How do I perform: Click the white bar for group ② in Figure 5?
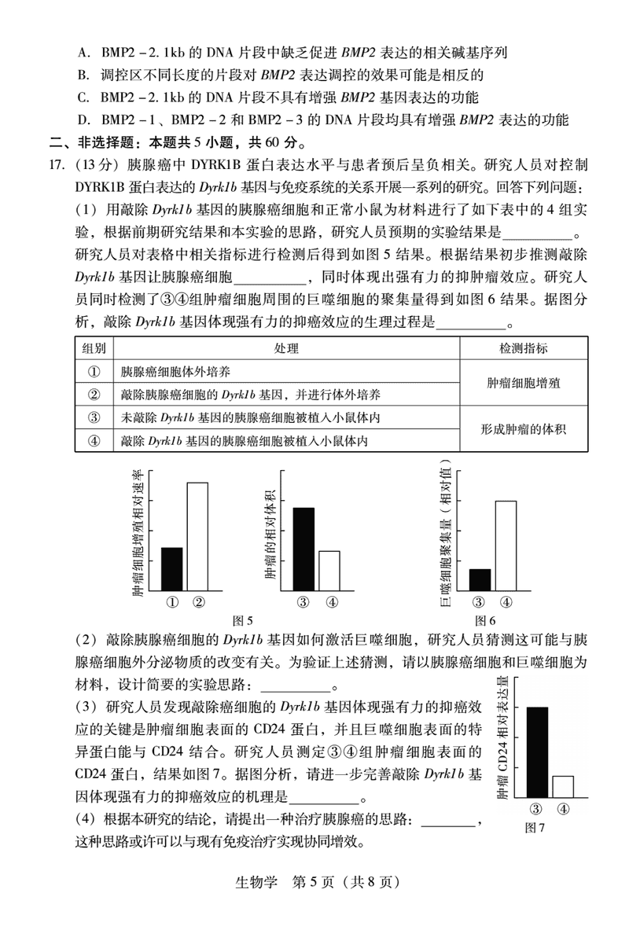point(197,535)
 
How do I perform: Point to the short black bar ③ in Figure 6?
point(480,579)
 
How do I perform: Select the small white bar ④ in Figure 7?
point(563,787)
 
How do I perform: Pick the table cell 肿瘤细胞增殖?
point(523,383)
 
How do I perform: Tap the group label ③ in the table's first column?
point(94,417)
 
